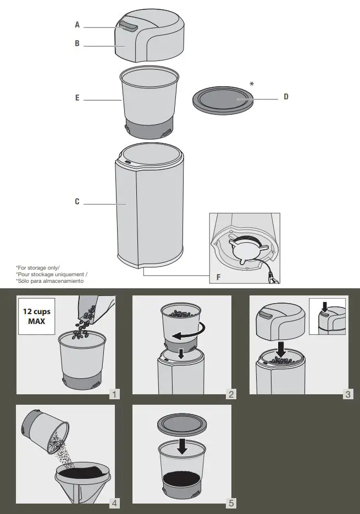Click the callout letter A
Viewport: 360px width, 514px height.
coord(77,25)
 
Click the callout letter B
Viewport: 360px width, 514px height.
coord(77,43)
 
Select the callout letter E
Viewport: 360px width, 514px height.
coord(77,98)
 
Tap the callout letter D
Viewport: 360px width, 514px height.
coord(286,97)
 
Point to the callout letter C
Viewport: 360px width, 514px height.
coord(77,202)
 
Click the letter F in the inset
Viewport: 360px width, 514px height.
coord(219,277)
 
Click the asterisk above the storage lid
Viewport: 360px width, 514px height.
coord(252,84)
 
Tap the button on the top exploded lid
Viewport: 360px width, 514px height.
coord(129,26)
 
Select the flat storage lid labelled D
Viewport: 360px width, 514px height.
coord(223,100)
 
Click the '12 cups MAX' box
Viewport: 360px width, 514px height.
coord(36,316)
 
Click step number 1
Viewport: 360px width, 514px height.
coord(114,394)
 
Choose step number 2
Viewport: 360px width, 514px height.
coord(231,394)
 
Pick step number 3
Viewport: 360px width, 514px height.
coord(348,394)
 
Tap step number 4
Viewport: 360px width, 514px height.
coord(114,503)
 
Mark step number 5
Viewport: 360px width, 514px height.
coord(231,503)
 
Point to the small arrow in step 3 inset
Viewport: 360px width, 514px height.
coord(325,307)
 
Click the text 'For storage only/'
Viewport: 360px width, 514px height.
coord(38,268)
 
